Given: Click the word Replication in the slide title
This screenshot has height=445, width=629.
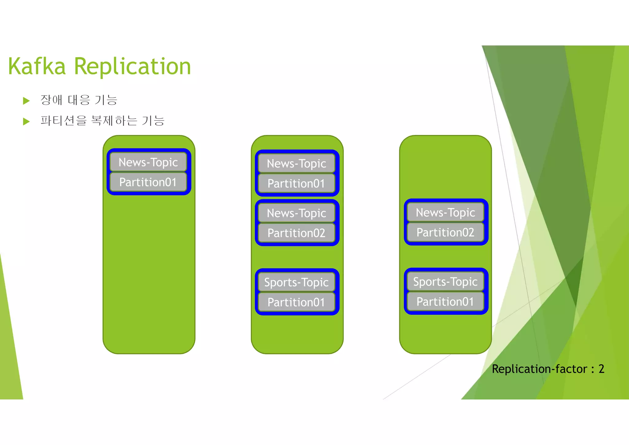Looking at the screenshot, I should click(132, 67).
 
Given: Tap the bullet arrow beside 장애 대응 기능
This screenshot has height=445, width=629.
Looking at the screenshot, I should click(26, 101).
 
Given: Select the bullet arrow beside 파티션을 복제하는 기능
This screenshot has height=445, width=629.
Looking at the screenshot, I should click(26, 121).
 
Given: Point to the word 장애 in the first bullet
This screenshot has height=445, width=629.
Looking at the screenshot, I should click(51, 100).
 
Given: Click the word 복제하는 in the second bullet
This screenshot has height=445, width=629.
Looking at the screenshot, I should click(114, 120).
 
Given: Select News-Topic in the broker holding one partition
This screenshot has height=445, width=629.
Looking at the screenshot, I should click(148, 162).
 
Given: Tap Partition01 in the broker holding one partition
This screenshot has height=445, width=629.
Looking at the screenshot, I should click(148, 182).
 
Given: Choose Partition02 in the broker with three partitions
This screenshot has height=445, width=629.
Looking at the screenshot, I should click(296, 233).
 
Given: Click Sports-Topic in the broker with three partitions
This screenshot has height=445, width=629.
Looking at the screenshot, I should click(296, 282).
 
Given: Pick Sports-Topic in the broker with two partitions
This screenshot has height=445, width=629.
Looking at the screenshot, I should click(445, 282).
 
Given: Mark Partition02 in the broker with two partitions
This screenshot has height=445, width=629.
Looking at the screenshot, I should click(445, 232).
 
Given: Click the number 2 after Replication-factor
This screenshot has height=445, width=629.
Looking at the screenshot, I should click(601, 369).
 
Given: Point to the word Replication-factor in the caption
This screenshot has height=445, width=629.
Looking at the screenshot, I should click(540, 369).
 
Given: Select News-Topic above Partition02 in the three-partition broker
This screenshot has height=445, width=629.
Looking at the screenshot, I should click(296, 213).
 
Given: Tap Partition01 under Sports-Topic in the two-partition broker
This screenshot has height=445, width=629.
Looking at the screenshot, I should click(445, 301).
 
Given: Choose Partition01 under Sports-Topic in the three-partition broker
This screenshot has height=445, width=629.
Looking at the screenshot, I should click(296, 302).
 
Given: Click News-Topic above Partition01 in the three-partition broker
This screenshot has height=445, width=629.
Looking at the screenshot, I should click(296, 164).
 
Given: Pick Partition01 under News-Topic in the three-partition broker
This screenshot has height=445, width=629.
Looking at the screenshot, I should click(296, 184).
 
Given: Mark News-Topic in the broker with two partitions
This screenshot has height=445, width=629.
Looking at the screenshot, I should click(445, 213).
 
